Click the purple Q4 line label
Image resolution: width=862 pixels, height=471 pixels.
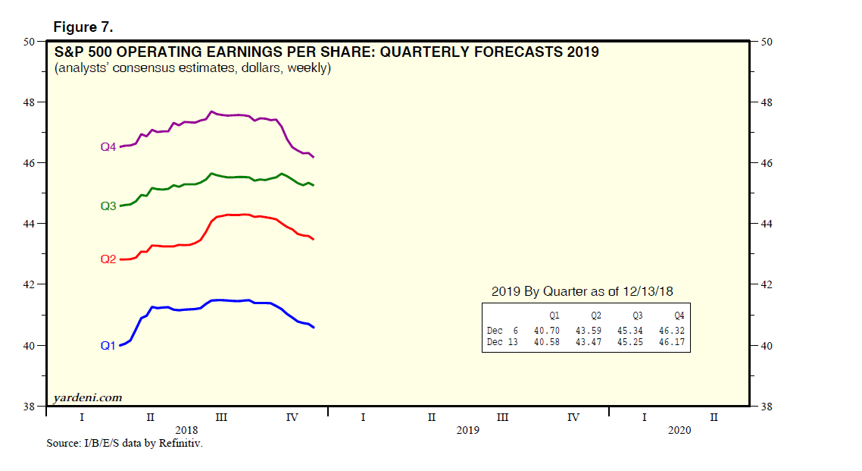(x=108, y=147)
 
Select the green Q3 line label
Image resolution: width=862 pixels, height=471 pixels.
(x=108, y=206)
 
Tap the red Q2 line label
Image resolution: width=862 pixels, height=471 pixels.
(x=108, y=259)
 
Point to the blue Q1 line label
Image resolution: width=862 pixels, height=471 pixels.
(x=108, y=346)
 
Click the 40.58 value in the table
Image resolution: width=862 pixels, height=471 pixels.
(x=546, y=343)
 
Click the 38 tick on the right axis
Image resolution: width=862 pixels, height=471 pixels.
(x=766, y=407)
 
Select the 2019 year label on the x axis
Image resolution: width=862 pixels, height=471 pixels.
(x=468, y=430)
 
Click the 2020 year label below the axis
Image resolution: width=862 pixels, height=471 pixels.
(x=679, y=430)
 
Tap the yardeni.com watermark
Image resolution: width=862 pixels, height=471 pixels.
(x=87, y=397)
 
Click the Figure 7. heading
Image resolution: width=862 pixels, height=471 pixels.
(x=83, y=27)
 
